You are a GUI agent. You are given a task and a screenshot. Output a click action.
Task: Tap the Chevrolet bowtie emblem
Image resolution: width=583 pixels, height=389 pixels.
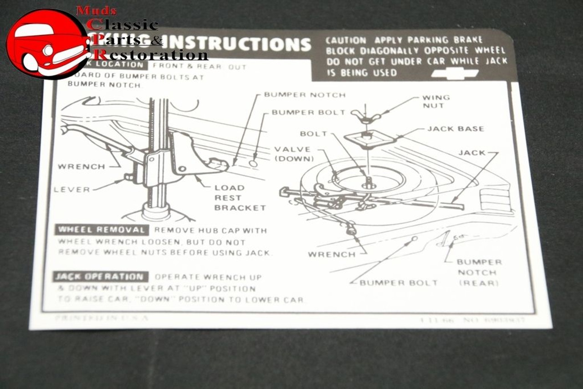coord(455,73)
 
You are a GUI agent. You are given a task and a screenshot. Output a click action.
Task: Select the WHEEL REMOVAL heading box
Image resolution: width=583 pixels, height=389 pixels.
coord(102,230)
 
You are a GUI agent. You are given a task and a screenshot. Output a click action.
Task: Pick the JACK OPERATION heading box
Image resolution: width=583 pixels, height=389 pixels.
coord(100,276)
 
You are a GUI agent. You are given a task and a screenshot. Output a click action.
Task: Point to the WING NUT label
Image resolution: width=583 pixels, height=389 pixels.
coord(435,101)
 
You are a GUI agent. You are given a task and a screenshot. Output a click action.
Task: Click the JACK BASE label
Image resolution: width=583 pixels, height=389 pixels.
coord(455,129)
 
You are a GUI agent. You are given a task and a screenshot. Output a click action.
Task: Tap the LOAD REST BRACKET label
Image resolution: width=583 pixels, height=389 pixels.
coord(240,198)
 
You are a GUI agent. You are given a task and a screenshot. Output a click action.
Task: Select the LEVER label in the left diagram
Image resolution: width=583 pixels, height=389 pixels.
coord(72,189)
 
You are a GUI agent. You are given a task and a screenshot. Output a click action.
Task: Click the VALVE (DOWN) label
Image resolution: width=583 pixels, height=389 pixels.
coord(294,154)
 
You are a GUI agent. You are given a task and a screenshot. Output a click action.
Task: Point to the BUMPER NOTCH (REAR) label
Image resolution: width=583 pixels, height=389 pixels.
coord(478,272)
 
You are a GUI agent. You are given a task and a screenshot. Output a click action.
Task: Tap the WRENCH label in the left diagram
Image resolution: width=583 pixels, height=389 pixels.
coord(81,167)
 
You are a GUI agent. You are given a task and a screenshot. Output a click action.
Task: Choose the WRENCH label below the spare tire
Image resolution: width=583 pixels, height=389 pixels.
coord(331,254)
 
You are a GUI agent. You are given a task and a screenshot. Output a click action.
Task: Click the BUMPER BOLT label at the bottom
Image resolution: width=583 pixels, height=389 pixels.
coord(399,283)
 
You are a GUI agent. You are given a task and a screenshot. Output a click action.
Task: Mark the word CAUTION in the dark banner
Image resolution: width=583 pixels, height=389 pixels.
coord(346,41)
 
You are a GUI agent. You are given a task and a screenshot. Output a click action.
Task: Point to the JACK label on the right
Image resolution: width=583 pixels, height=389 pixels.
coord(472,153)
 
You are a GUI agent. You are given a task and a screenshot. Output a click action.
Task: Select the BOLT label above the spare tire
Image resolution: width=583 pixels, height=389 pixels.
coord(313,134)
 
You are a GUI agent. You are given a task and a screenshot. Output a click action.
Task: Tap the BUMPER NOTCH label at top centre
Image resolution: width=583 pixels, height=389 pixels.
coord(305,95)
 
